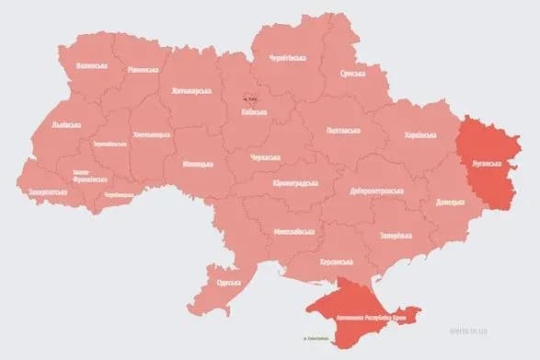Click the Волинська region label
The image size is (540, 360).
(92, 65)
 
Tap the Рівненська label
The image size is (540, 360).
(144, 69)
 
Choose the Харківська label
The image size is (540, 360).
(421, 135)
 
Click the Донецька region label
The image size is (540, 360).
(451, 198)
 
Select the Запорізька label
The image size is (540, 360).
(397, 234)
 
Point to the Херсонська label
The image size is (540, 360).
(337, 261)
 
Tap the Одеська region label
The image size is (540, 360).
(226, 282)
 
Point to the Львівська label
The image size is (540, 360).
(66, 124)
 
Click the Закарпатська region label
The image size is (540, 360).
(48, 192)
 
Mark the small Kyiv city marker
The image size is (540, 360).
(246, 98)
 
